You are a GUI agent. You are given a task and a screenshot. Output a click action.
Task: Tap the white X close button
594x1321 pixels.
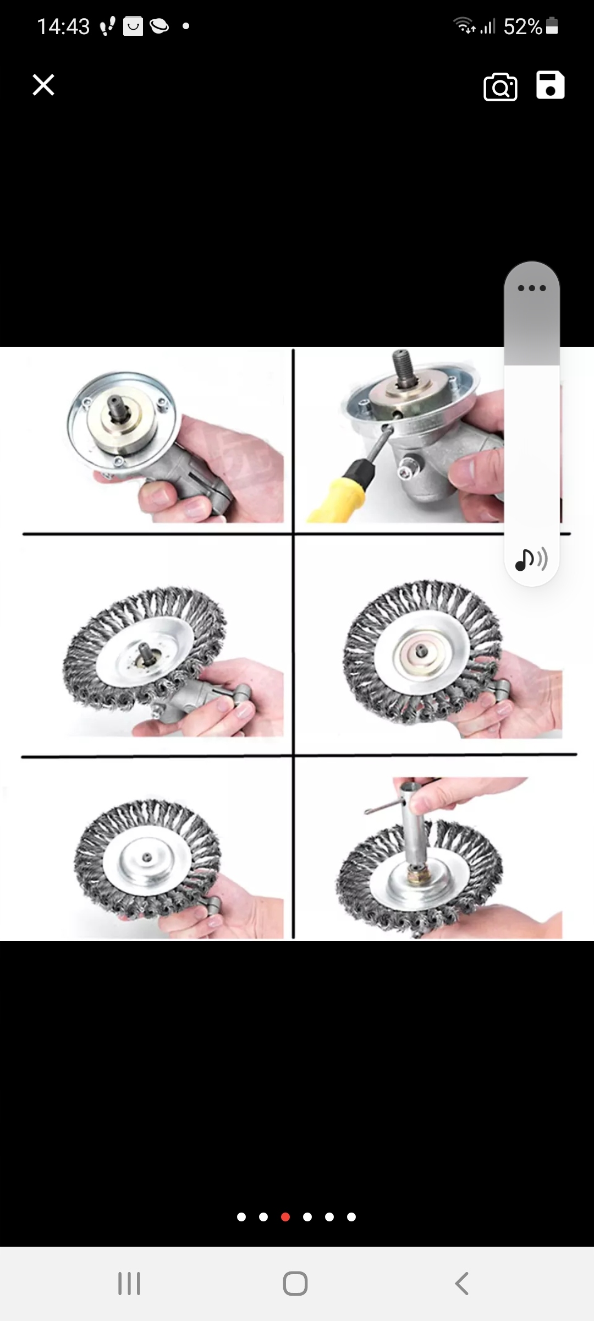click(x=43, y=85)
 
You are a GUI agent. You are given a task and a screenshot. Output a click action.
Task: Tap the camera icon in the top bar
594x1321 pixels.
click(x=500, y=87)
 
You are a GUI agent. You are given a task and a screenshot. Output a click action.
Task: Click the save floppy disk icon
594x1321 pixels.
click(x=550, y=85)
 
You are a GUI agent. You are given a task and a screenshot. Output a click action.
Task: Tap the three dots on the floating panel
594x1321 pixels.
click(x=532, y=288)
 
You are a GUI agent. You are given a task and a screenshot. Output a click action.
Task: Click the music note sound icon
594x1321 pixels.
click(x=531, y=559)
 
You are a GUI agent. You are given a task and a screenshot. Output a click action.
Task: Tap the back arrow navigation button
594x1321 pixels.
click(x=462, y=1283)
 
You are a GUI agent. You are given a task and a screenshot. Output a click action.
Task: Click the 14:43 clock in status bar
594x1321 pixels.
click(x=63, y=26)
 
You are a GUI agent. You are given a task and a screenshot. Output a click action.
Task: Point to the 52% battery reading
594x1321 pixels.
click(x=523, y=26)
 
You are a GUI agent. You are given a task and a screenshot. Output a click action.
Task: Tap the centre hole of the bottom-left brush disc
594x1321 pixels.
click(x=147, y=857)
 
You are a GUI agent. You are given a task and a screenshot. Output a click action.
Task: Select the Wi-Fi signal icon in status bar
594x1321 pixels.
click(x=464, y=25)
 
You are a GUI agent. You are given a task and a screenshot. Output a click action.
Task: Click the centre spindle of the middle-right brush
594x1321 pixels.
click(x=422, y=651)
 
